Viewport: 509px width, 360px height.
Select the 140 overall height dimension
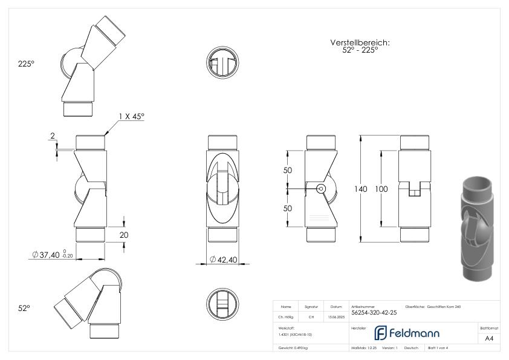[361, 189]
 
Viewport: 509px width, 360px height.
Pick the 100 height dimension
[381, 189]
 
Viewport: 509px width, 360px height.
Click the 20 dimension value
[123, 235]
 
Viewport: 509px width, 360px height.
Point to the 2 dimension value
[53, 137]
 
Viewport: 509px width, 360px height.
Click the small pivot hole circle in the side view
[320, 189]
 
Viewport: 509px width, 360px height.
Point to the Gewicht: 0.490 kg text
[294, 349]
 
